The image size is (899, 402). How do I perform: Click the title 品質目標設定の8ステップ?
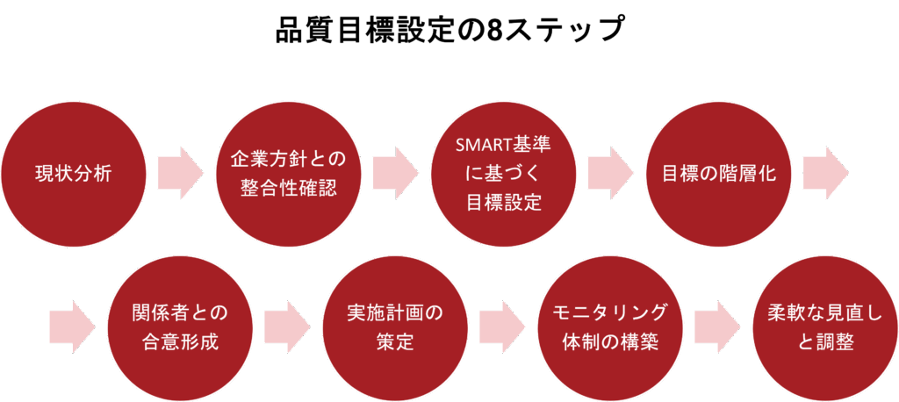(449, 28)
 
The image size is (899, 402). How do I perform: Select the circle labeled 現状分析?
(74, 173)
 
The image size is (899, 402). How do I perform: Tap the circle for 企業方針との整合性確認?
(289, 173)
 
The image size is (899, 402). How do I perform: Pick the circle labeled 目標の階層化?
(719, 173)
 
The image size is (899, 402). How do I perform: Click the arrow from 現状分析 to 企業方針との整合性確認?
(180, 173)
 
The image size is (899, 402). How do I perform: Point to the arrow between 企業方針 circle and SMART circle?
(395, 173)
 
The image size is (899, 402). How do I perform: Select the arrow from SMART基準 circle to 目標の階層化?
(610, 173)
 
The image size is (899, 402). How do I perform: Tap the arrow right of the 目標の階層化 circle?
(825, 173)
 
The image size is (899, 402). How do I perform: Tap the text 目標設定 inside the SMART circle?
(504, 203)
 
